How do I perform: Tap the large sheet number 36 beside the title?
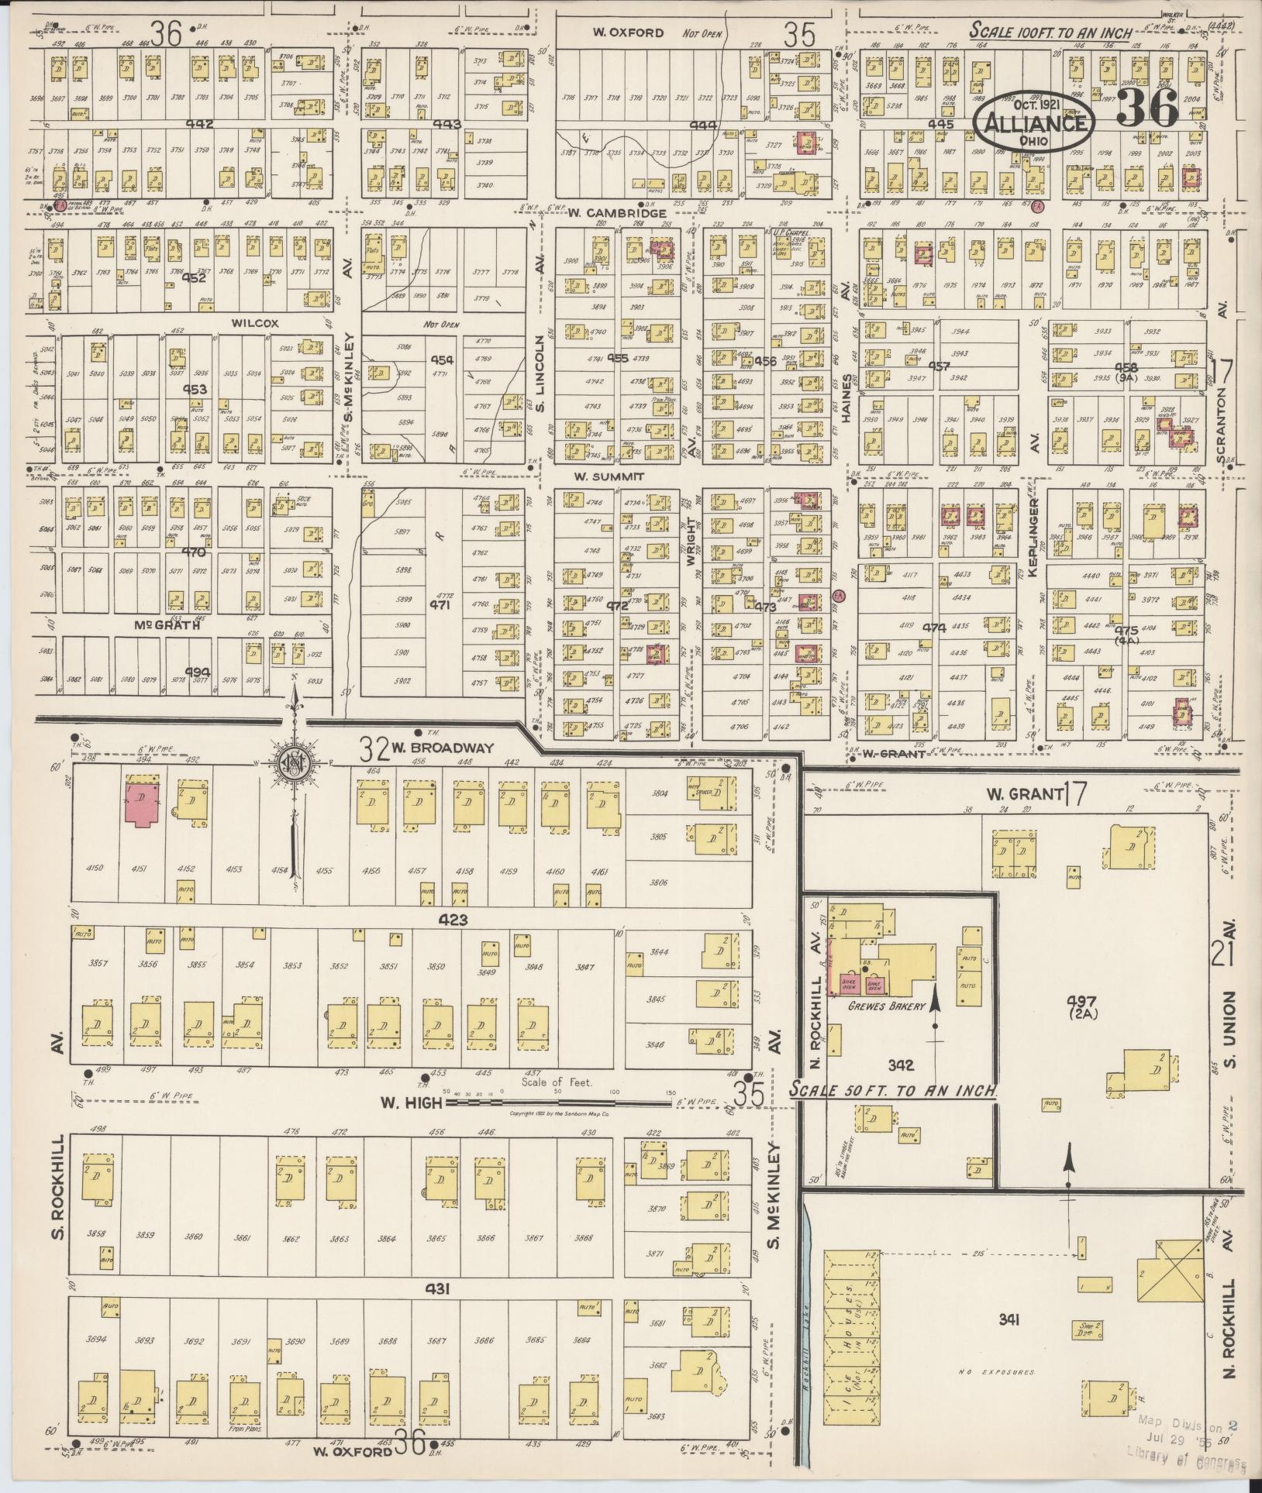1146,108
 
